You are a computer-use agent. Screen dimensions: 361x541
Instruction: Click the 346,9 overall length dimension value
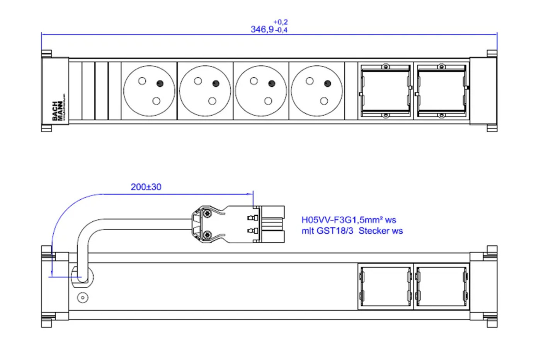pos(262,29)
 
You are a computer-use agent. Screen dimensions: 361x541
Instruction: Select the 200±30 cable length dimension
pos(146,187)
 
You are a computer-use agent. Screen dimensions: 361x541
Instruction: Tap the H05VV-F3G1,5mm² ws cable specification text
pos(349,220)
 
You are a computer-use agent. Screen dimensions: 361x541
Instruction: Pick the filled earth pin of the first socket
pos(160,83)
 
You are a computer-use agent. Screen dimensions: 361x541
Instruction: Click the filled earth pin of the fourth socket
pos(327,83)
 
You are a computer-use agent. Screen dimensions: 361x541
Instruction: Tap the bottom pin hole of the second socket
pos(212,101)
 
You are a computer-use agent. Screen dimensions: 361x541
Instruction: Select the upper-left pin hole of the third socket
pos(254,81)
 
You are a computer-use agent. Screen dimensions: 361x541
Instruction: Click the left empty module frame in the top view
pos(385,91)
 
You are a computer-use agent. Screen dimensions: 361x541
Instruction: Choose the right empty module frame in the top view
pos(441,91)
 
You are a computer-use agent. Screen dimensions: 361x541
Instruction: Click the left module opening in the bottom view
pos(385,286)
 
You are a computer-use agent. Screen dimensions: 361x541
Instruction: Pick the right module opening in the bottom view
pos(441,286)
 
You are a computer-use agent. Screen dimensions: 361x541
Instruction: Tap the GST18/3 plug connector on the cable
pos(238,224)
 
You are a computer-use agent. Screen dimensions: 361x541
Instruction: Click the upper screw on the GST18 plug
pos(208,213)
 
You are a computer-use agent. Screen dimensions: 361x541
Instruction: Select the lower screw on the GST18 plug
pos(208,234)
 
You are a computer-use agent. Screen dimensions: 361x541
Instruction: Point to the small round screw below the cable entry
pos(82,298)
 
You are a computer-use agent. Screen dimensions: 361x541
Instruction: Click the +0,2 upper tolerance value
pos(281,22)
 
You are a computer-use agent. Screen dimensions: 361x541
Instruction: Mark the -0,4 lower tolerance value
pos(282,30)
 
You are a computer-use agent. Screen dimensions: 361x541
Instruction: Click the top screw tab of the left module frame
pos(385,67)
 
